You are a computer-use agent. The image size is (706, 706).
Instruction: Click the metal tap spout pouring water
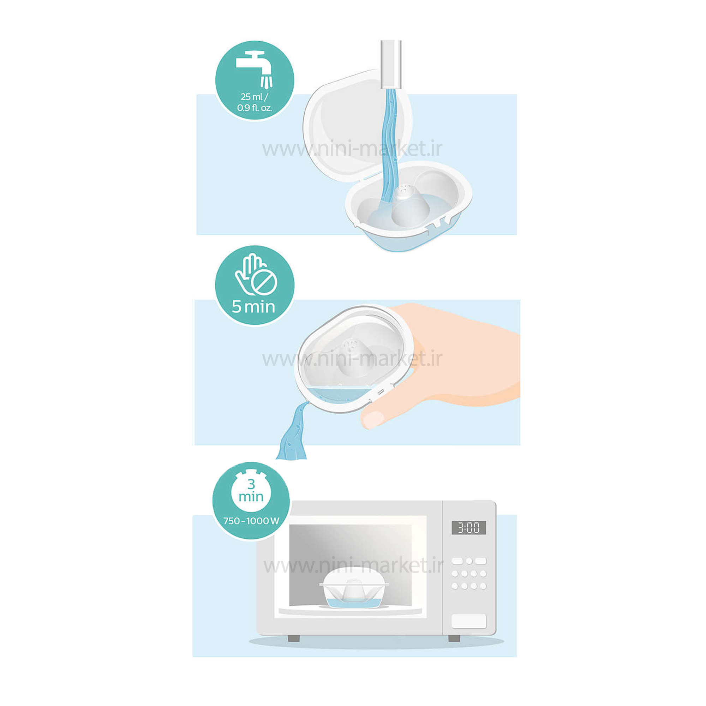tap(391, 64)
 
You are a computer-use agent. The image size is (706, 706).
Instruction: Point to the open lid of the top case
tap(357, 126)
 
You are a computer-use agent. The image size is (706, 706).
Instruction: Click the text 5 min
tap(253, 307)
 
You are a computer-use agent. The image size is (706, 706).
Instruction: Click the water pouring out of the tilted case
tap(292, 431)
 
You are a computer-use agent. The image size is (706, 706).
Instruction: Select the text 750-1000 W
tap(251, 521)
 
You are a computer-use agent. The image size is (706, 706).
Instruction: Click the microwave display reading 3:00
tap(468, 528)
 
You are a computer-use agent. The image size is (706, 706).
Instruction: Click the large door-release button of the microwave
tap(469, 621)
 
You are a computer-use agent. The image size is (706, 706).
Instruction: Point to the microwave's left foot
tap(293, 638)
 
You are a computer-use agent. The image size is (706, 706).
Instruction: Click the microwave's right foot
tap(454, 638)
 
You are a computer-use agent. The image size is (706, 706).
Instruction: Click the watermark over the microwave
tap(353, 565)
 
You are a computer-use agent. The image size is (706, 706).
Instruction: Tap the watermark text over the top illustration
tap(353, 149)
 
